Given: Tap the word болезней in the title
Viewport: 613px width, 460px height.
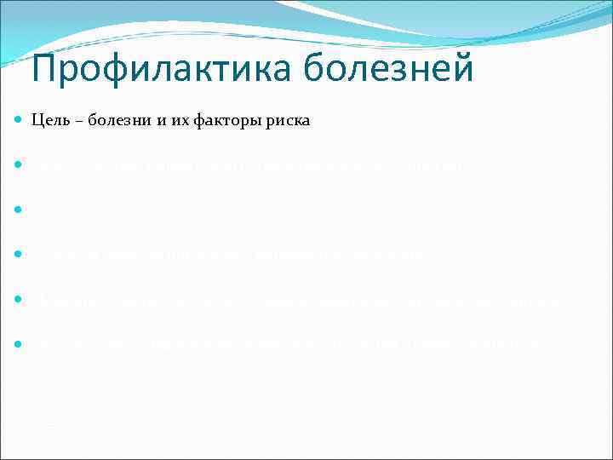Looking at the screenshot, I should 387,69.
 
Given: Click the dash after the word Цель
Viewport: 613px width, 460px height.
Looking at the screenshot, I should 77,122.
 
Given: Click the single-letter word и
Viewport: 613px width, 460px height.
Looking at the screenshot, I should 150,122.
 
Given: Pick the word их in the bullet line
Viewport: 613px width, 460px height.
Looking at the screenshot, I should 166,122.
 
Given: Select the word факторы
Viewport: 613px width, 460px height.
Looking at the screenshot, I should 212,122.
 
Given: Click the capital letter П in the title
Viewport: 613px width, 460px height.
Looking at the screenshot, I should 44,69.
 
